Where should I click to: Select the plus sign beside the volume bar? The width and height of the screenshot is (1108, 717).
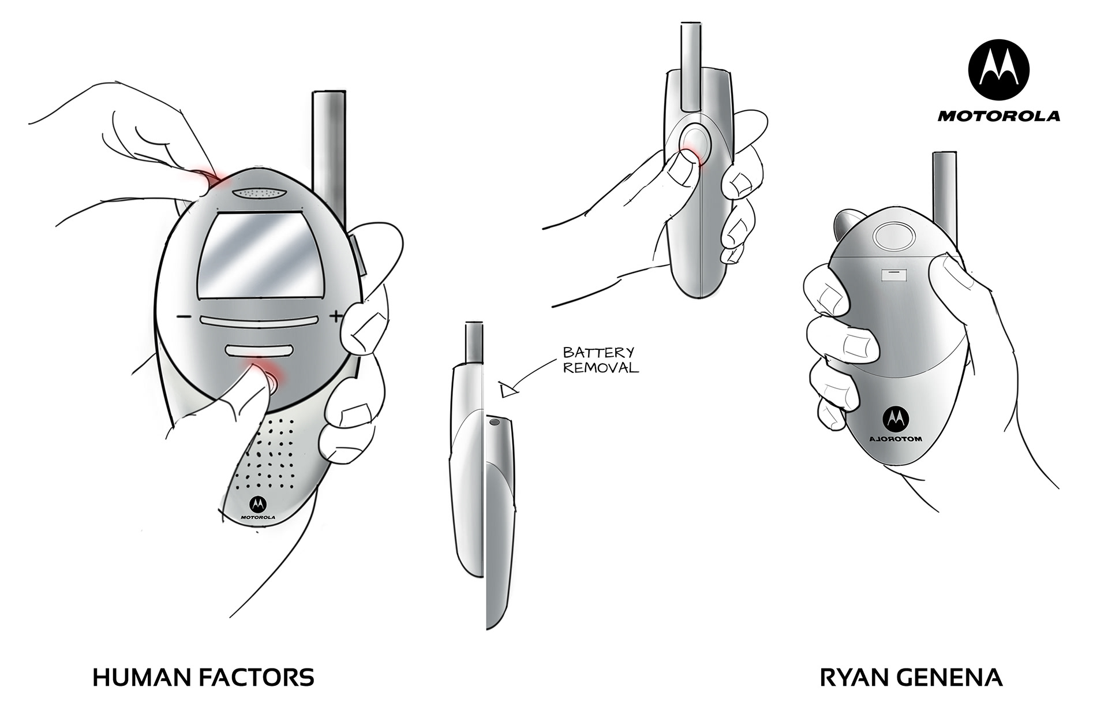click(x=336, y=316)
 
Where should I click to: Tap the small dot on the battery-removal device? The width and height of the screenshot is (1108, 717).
click(x=494, y=423)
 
